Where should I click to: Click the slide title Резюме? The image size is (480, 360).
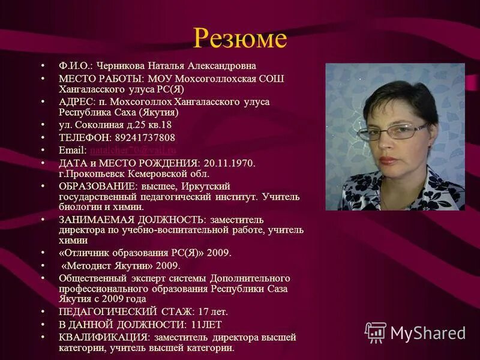pos(239,39)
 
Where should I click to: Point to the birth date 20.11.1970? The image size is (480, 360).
pos(228,163)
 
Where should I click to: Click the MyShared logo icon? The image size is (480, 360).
pos(376,332)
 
